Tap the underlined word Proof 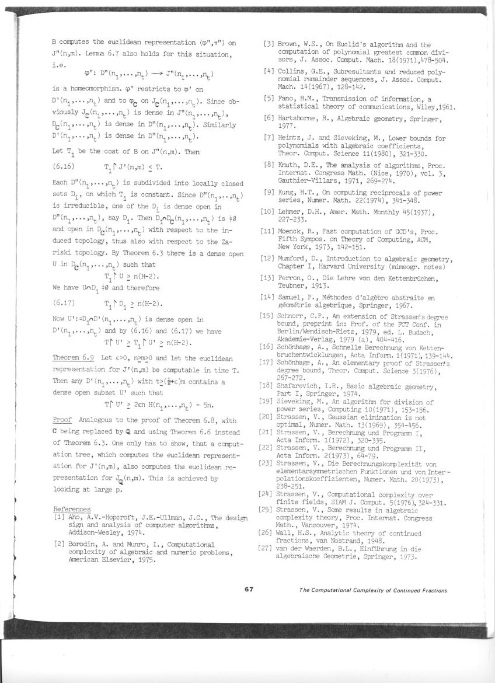(62, 420)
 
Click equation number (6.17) (64, 304)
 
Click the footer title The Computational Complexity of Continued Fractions (373, 590)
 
